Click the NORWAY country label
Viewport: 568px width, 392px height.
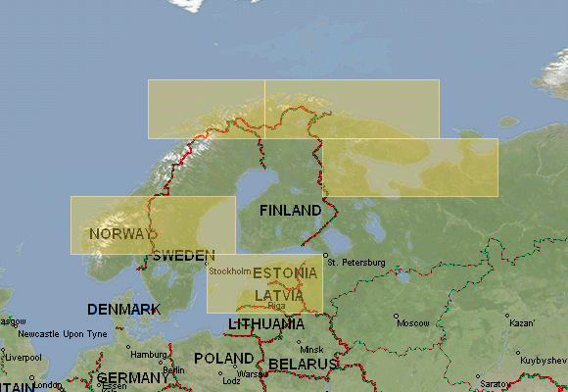121,234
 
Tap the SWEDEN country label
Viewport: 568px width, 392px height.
184,255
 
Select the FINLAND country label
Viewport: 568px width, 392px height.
290,211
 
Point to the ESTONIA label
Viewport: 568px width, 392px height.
285,272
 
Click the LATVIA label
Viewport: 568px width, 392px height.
279,295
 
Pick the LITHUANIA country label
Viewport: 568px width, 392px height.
265,323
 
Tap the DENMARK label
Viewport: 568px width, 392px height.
123,309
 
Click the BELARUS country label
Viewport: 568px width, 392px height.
303,364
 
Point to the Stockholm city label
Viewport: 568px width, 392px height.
230,270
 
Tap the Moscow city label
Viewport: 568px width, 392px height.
413,322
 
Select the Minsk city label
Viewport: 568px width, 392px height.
311,349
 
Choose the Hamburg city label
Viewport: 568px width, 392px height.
149,354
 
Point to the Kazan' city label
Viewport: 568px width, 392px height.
522,322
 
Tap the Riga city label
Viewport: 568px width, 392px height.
276,305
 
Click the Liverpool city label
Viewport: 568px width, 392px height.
24,358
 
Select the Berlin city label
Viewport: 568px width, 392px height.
173,370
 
